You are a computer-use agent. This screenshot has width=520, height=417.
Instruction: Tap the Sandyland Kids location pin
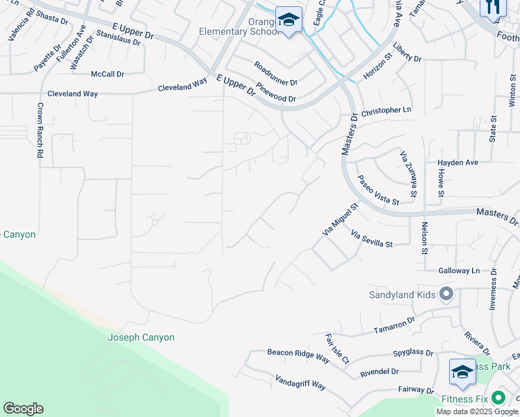tap(446, 295)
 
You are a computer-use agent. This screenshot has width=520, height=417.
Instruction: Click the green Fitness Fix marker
tap(498, 399)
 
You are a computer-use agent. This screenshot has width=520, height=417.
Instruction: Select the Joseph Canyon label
tap(141, 337)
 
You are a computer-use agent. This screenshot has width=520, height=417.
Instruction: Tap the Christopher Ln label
tap(387, 111)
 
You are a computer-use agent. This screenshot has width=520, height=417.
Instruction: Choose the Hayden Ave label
tap(457, 163)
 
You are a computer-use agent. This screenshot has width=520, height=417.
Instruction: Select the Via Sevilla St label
tap(372, 239)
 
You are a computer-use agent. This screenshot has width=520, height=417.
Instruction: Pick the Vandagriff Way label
tap(300, 383)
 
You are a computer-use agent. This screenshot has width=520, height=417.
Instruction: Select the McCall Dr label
tap(107, 74)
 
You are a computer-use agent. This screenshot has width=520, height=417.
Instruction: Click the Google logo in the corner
tap(23, 409)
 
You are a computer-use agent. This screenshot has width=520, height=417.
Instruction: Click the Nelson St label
tap(425, 236)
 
